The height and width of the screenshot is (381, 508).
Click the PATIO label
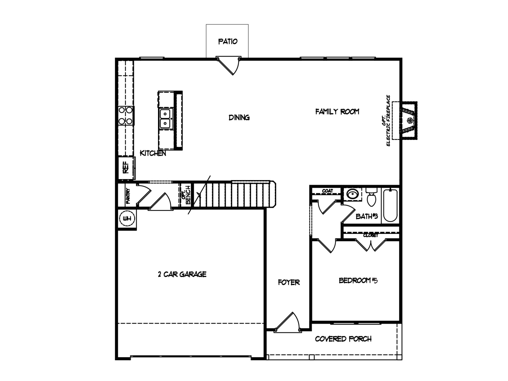(x=228, y=41)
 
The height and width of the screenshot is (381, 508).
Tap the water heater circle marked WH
(x=127, y=218)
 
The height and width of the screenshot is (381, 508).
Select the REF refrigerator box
(x=126, y=168)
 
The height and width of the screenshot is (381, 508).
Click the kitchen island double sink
(x=165, y=118)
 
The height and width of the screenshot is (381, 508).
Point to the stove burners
(x=126, y=116)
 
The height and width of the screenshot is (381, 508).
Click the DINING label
(x=239, y=117)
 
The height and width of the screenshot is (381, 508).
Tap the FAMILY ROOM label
(x=337, y=112)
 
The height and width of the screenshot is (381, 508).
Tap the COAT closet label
(x=327, y=191)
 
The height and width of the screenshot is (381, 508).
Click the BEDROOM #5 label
(x=358, y=280)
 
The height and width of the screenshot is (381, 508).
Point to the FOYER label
(x=289, y=282)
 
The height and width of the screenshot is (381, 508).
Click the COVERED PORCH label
(x=343, y=339)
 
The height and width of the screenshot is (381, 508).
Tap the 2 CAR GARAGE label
(x=182, y=274)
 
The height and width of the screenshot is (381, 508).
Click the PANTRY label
(x=128, y=196)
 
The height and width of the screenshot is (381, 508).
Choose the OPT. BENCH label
(x=186, y=195)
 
